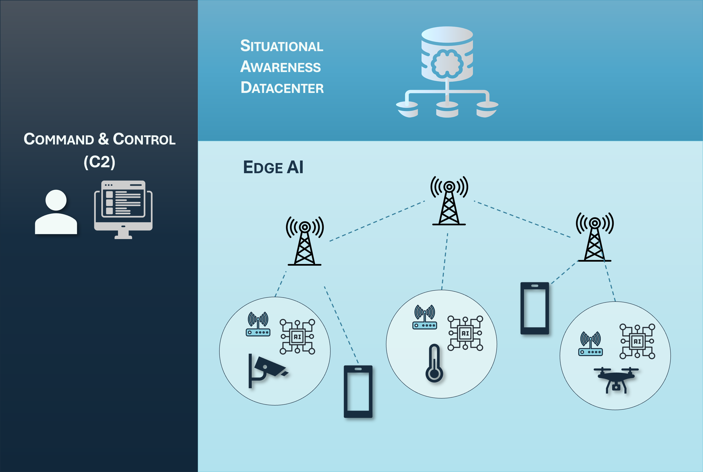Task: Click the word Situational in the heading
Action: point(281,46)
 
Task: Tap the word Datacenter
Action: point(282,88)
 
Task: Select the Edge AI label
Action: point(273,167)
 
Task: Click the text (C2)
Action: point(99,162)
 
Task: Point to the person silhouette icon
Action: point(56,212)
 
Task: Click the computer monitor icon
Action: point(123,209)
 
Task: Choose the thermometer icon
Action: point(434,363)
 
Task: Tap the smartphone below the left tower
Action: point(358,391)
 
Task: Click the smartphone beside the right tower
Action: point(535,308)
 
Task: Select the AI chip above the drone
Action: point(637,341)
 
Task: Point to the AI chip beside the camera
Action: point(297,337)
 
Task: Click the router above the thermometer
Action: point(424,317)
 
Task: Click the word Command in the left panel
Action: point(59,139)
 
